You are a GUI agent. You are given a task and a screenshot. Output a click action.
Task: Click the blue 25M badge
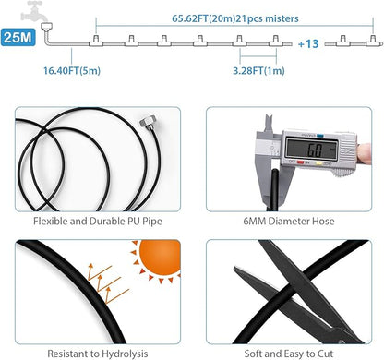(18, 37)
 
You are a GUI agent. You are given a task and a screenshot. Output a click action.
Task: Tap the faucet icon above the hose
(33, 11)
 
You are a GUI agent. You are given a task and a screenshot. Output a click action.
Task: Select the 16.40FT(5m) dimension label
(72, 71)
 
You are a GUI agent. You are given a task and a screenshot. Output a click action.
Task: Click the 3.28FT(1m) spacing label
(258, 71)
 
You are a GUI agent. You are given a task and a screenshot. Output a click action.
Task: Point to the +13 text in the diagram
(308, 43)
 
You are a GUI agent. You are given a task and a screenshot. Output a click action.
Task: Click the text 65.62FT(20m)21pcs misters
(235, 18)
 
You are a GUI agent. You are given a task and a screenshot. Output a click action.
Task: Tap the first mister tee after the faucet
(96, 41)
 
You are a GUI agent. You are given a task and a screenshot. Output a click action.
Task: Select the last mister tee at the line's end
(374, 41)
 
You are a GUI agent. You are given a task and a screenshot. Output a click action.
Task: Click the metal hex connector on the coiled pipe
(147, 121)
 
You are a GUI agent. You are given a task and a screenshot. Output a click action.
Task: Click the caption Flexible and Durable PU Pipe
(98, 221)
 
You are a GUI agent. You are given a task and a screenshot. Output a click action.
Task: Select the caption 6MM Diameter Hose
(289, 221)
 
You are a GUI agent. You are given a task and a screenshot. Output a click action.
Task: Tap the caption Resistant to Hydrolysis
(98, 354)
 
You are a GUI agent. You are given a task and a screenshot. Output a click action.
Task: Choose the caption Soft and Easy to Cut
(289, 354)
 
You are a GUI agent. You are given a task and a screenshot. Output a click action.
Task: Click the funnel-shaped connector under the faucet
(46, 27)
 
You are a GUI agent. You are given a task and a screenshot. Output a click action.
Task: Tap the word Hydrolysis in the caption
(125, 354)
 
